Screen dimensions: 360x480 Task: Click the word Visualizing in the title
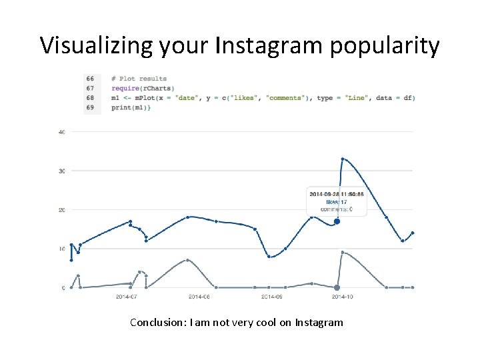point(97,46)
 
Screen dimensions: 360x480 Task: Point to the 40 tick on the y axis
point(62,132)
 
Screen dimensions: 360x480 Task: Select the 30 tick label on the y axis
point(62,171)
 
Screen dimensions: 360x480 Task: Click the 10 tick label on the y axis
point(62,249)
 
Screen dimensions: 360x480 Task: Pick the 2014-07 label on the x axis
point(126,296)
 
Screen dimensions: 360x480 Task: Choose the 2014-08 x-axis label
point(199,296)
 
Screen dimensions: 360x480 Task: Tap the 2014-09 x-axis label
point(271,296)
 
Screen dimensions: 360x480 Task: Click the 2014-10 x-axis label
point(343,296)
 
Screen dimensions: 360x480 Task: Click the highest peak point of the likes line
point(343,159)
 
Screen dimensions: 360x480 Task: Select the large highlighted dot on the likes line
point(337,221)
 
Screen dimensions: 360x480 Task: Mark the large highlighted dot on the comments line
point(337,287)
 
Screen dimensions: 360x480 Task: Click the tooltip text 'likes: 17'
point(337,201)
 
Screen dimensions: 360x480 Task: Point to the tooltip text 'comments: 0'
point(336,209)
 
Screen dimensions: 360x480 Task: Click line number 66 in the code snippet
point(90,79)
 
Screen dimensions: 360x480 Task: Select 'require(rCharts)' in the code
point(143,88)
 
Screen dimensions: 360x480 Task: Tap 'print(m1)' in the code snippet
point(131,107)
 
